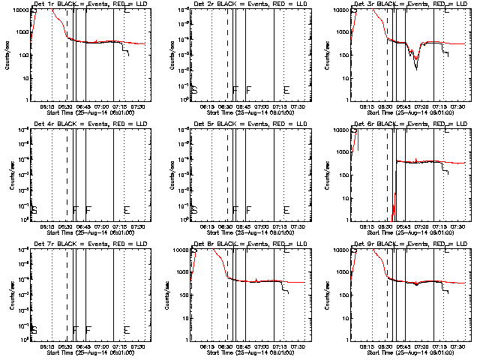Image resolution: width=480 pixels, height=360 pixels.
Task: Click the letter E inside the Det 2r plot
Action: point(286,90)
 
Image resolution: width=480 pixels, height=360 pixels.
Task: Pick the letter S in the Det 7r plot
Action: point(34,330)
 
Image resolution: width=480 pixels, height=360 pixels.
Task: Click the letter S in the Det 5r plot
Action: point(194,210)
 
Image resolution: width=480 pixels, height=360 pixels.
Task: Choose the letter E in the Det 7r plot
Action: point(127,330)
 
